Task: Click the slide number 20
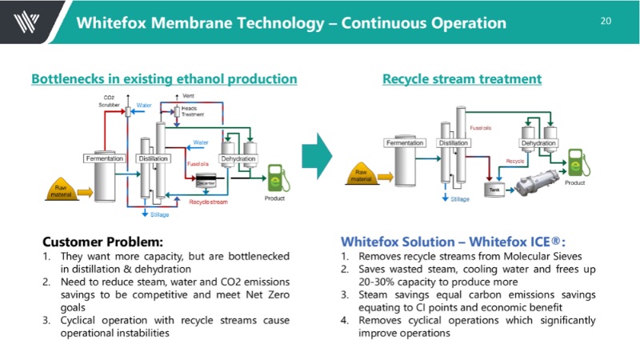(605, 20)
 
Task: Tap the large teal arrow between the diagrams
(320, 150)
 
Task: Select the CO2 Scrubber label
(109, 100)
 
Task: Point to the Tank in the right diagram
(494, 187)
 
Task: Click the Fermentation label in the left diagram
(105, 158)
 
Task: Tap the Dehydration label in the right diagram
(538, 143)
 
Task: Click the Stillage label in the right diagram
(460, 198)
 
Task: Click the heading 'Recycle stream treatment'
(462, 78)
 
